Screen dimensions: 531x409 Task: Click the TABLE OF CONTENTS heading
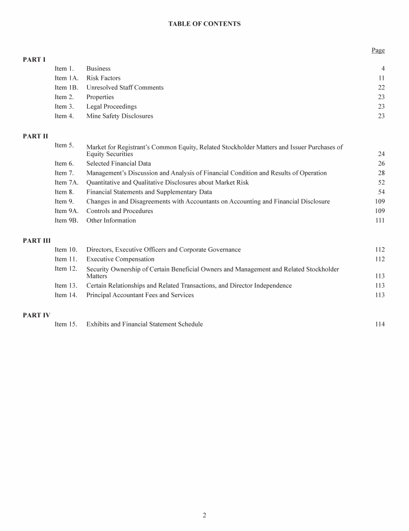click(204, 24)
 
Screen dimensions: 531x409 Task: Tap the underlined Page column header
click(378, 51)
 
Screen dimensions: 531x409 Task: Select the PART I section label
click(34, 60)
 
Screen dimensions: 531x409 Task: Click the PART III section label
click(37, 241)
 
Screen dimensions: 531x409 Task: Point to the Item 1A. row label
click(66, 78)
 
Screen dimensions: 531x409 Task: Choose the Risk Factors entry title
click(103, 78)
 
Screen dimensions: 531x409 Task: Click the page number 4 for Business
click(382, 69)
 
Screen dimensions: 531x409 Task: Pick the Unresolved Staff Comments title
click(125, 88)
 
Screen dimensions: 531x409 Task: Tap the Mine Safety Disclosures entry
click(119, 116)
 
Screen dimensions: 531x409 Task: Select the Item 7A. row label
click(66, 183)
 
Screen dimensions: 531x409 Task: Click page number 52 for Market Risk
click(381, 183)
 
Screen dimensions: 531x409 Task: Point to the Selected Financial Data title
click(118, 164)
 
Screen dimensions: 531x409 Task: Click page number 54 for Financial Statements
click(381, 192)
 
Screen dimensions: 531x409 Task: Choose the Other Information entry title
click(111, 220)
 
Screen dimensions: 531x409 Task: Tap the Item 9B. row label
click(66, 220)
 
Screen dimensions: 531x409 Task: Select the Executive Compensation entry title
click(120, 259)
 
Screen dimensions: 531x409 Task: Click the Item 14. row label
click(66, 295)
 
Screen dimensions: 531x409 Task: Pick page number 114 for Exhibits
click(379, 324)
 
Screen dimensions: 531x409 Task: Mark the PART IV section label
click(36, 315)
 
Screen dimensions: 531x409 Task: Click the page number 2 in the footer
click(204, 515)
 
